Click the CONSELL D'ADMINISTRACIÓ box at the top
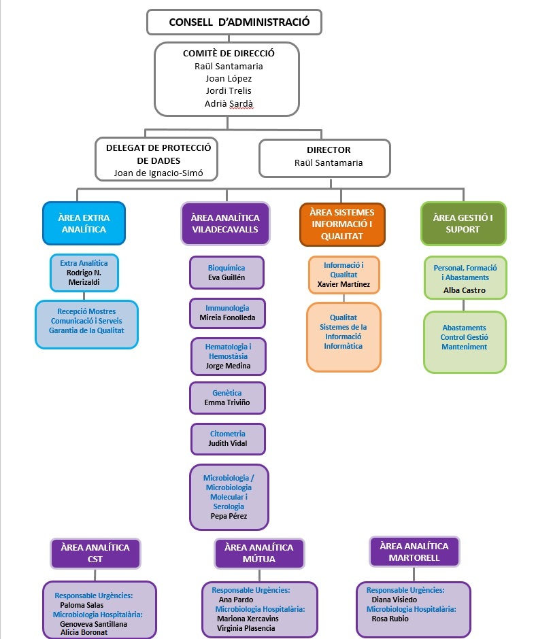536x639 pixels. pyautogui.click(x=234, y=22)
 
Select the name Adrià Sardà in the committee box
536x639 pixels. pyautogui.click(x=229, y=104)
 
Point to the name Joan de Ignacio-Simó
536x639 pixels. pyautogui.click(x=158, y=173)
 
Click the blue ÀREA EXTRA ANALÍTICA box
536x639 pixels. pyautogui.click(x=83, y=224)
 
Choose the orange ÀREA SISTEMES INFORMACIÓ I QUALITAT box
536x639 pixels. pyautogui.click(x=341, y=224)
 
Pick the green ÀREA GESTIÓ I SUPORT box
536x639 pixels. pyautogui.click(x=463, y=224)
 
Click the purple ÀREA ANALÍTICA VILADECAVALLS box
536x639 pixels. pyautogui.click(x=224, y=224)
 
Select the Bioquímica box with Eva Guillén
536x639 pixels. pyautogui.click(x=226, y=273)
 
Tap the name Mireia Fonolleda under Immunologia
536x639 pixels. pyautogui.click(x=227, y=317)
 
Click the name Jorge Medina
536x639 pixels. pyautogui.click(x=228, y=366)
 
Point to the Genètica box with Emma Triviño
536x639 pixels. pyautogui.click(x=227, y=398)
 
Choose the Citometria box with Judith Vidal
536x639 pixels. pyautogui.click(x=227, y=438)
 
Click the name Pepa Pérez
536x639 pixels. pyautogui.click(x=228, y=516)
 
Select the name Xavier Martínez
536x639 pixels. pyautogui.click(x=343, y=283)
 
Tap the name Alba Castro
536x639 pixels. pyautogui.click(x=465, y=290)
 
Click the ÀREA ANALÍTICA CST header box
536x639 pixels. pyautogui.click(x=95, y=553)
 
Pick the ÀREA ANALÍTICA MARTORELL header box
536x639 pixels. pyautogui.click(x=414, y=552)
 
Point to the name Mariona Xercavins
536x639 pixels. pyautogui.click(x=248, y=619)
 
